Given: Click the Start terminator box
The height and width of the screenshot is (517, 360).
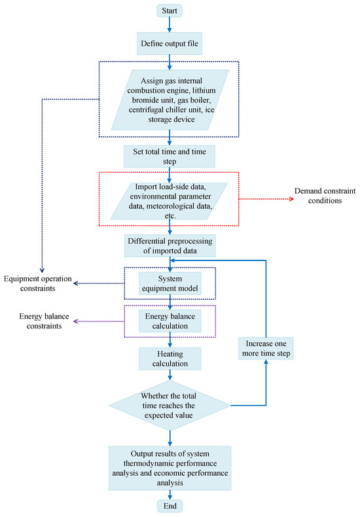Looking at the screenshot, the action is [170, 10].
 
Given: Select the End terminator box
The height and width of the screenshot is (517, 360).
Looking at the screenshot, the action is [170, 506].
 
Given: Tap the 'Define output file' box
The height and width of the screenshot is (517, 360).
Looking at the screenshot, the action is [170, 44].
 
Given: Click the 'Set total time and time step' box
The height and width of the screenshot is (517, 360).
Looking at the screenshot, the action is [170, 156].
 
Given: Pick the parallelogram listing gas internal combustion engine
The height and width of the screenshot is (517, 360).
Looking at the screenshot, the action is [170, 100].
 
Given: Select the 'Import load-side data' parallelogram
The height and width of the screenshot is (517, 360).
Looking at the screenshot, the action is [169, 201].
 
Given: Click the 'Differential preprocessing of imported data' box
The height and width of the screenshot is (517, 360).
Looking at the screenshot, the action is [170, 245].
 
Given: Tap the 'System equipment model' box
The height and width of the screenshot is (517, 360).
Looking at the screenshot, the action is [170, 283].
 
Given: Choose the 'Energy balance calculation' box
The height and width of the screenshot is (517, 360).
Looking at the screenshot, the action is [170, 321].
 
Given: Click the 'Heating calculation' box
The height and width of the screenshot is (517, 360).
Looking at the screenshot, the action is [170, 359].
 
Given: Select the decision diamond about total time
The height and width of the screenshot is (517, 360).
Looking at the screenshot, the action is [170, 405].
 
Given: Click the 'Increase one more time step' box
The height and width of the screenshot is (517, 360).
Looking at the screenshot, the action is [266, 348].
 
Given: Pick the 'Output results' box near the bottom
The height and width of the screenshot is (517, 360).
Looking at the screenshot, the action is [170, 468].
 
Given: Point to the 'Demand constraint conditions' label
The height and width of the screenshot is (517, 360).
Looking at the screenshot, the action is [325, 196].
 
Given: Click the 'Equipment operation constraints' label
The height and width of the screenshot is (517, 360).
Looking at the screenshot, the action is [37, 283].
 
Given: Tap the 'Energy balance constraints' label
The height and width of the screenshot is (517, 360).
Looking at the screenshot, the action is [44, 321].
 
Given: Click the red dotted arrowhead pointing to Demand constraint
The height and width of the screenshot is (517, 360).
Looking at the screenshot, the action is [291, 199].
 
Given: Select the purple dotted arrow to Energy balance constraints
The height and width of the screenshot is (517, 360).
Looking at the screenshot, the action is [99, 321].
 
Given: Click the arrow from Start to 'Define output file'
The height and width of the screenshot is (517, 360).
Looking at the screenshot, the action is [170, 24].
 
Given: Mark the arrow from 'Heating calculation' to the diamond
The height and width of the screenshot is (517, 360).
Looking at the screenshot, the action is [170, 375].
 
